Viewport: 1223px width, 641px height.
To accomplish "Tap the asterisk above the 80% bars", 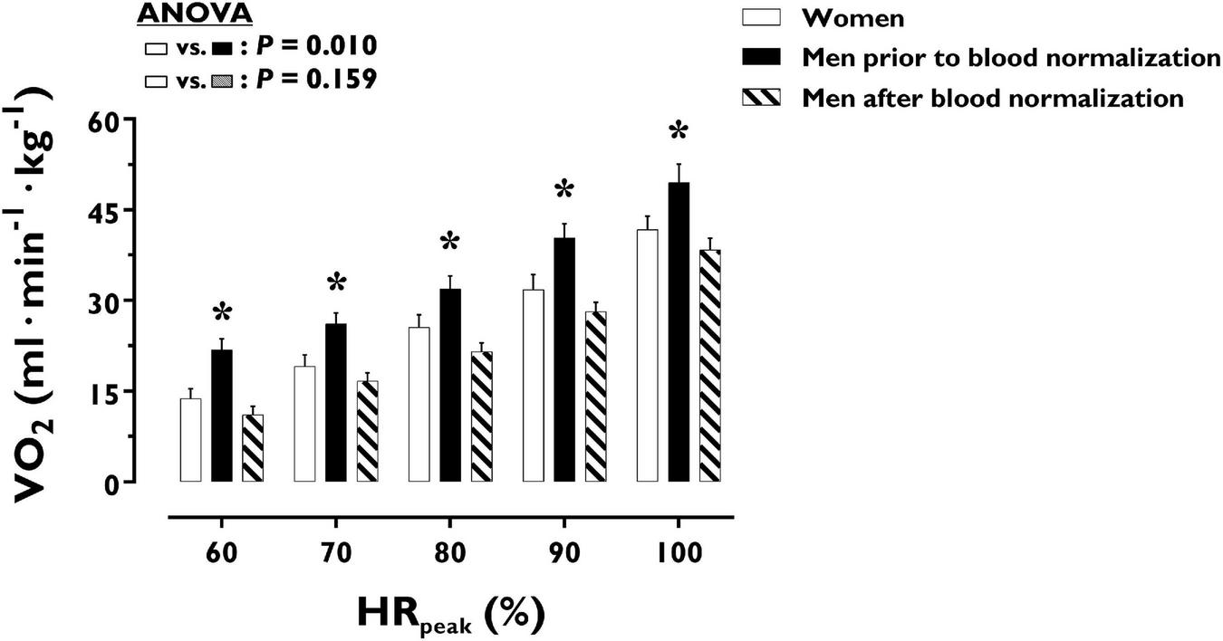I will click(450, 243).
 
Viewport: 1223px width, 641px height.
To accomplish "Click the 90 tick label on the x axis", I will click(563, 554).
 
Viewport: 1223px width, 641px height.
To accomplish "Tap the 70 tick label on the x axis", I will click(335, 554).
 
